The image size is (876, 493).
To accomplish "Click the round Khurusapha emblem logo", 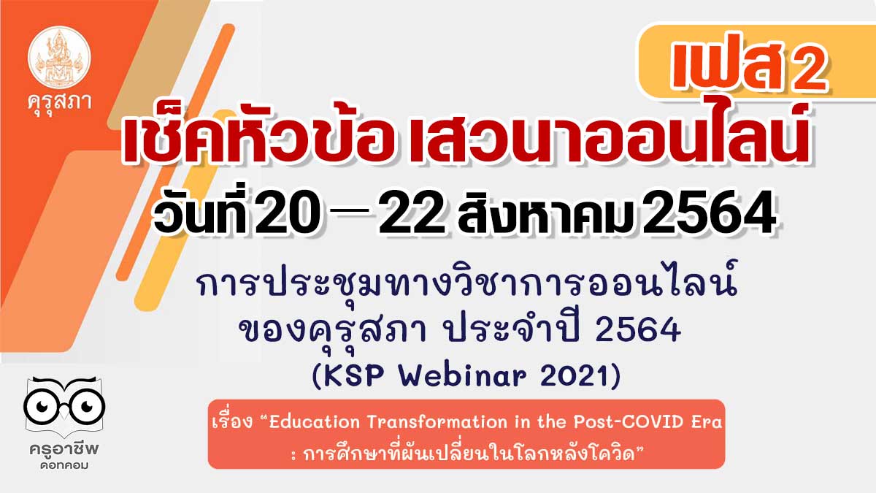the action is point(59,57).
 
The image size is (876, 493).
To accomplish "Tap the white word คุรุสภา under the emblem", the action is point(59,103).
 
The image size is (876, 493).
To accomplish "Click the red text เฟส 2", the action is point(748,62).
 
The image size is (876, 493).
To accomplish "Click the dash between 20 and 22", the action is point(350,212).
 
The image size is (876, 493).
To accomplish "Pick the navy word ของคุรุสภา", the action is point(332,331).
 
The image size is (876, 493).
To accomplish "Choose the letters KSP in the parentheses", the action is point(353,376).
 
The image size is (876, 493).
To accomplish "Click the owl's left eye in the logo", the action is point(42,406).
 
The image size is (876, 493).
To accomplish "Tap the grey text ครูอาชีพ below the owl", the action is point(64,449).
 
